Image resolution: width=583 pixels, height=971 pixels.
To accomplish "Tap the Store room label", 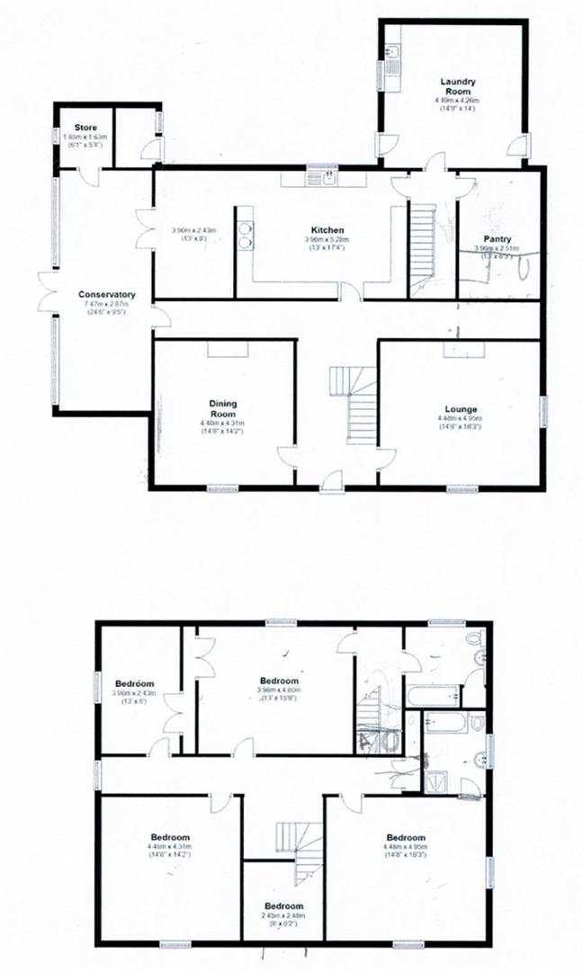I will click(x=85, y=128).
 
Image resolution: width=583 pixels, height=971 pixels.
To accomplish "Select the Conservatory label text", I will click(x=106, y=294).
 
